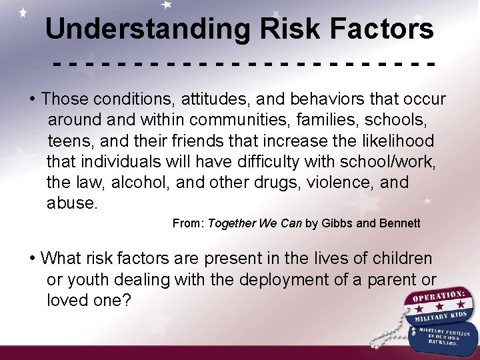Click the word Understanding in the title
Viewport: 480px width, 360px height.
click(147, 29)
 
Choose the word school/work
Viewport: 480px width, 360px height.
click(381, 161)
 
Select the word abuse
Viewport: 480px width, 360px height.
click(71, 203)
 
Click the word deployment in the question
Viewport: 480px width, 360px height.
click(281, 279)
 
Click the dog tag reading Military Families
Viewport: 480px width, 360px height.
click(443, 337)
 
